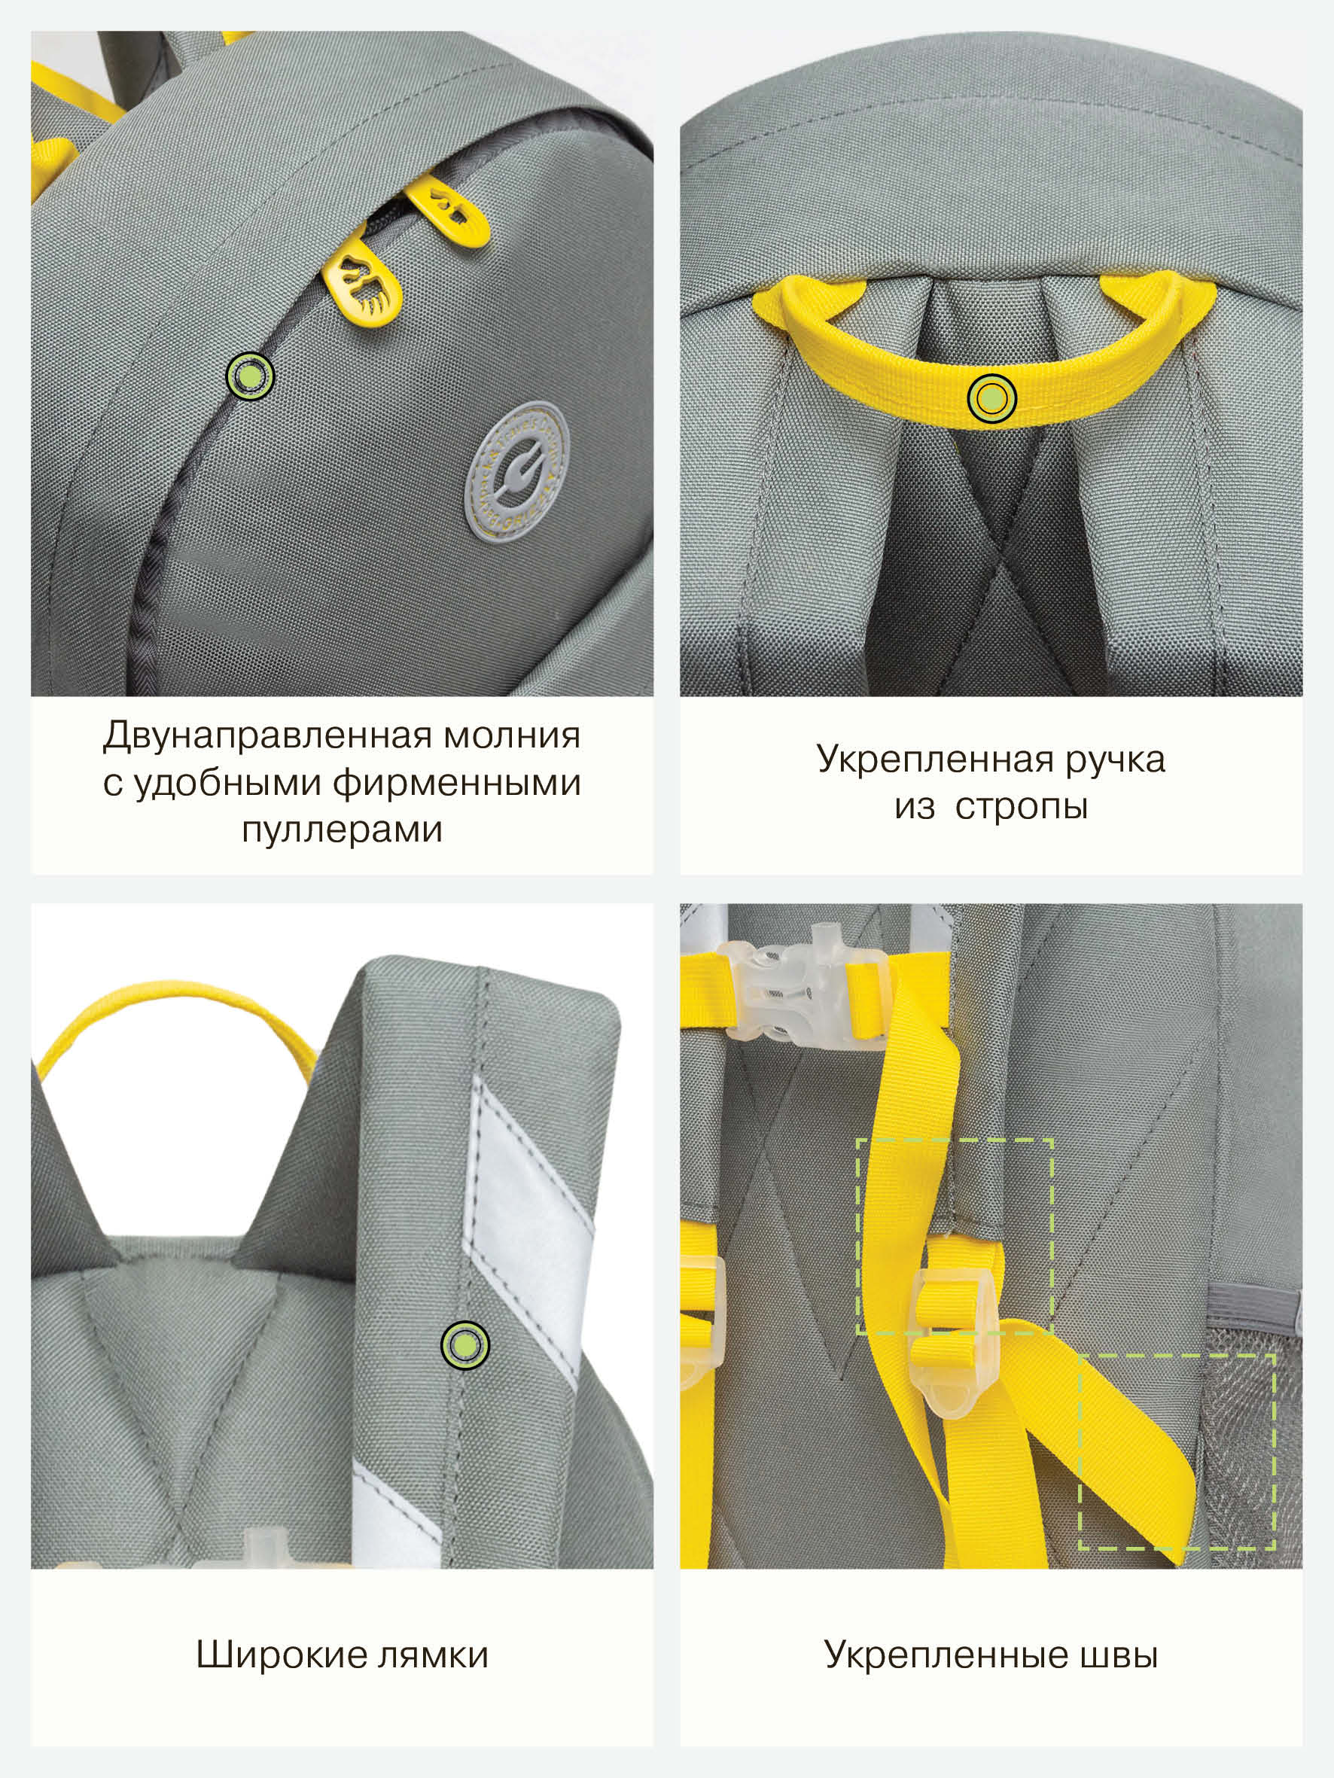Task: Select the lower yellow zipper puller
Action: coord(362,285)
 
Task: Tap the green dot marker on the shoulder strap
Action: coord(464,1344)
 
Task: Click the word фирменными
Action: coord(457,784)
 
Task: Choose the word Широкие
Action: coord(282,1655)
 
